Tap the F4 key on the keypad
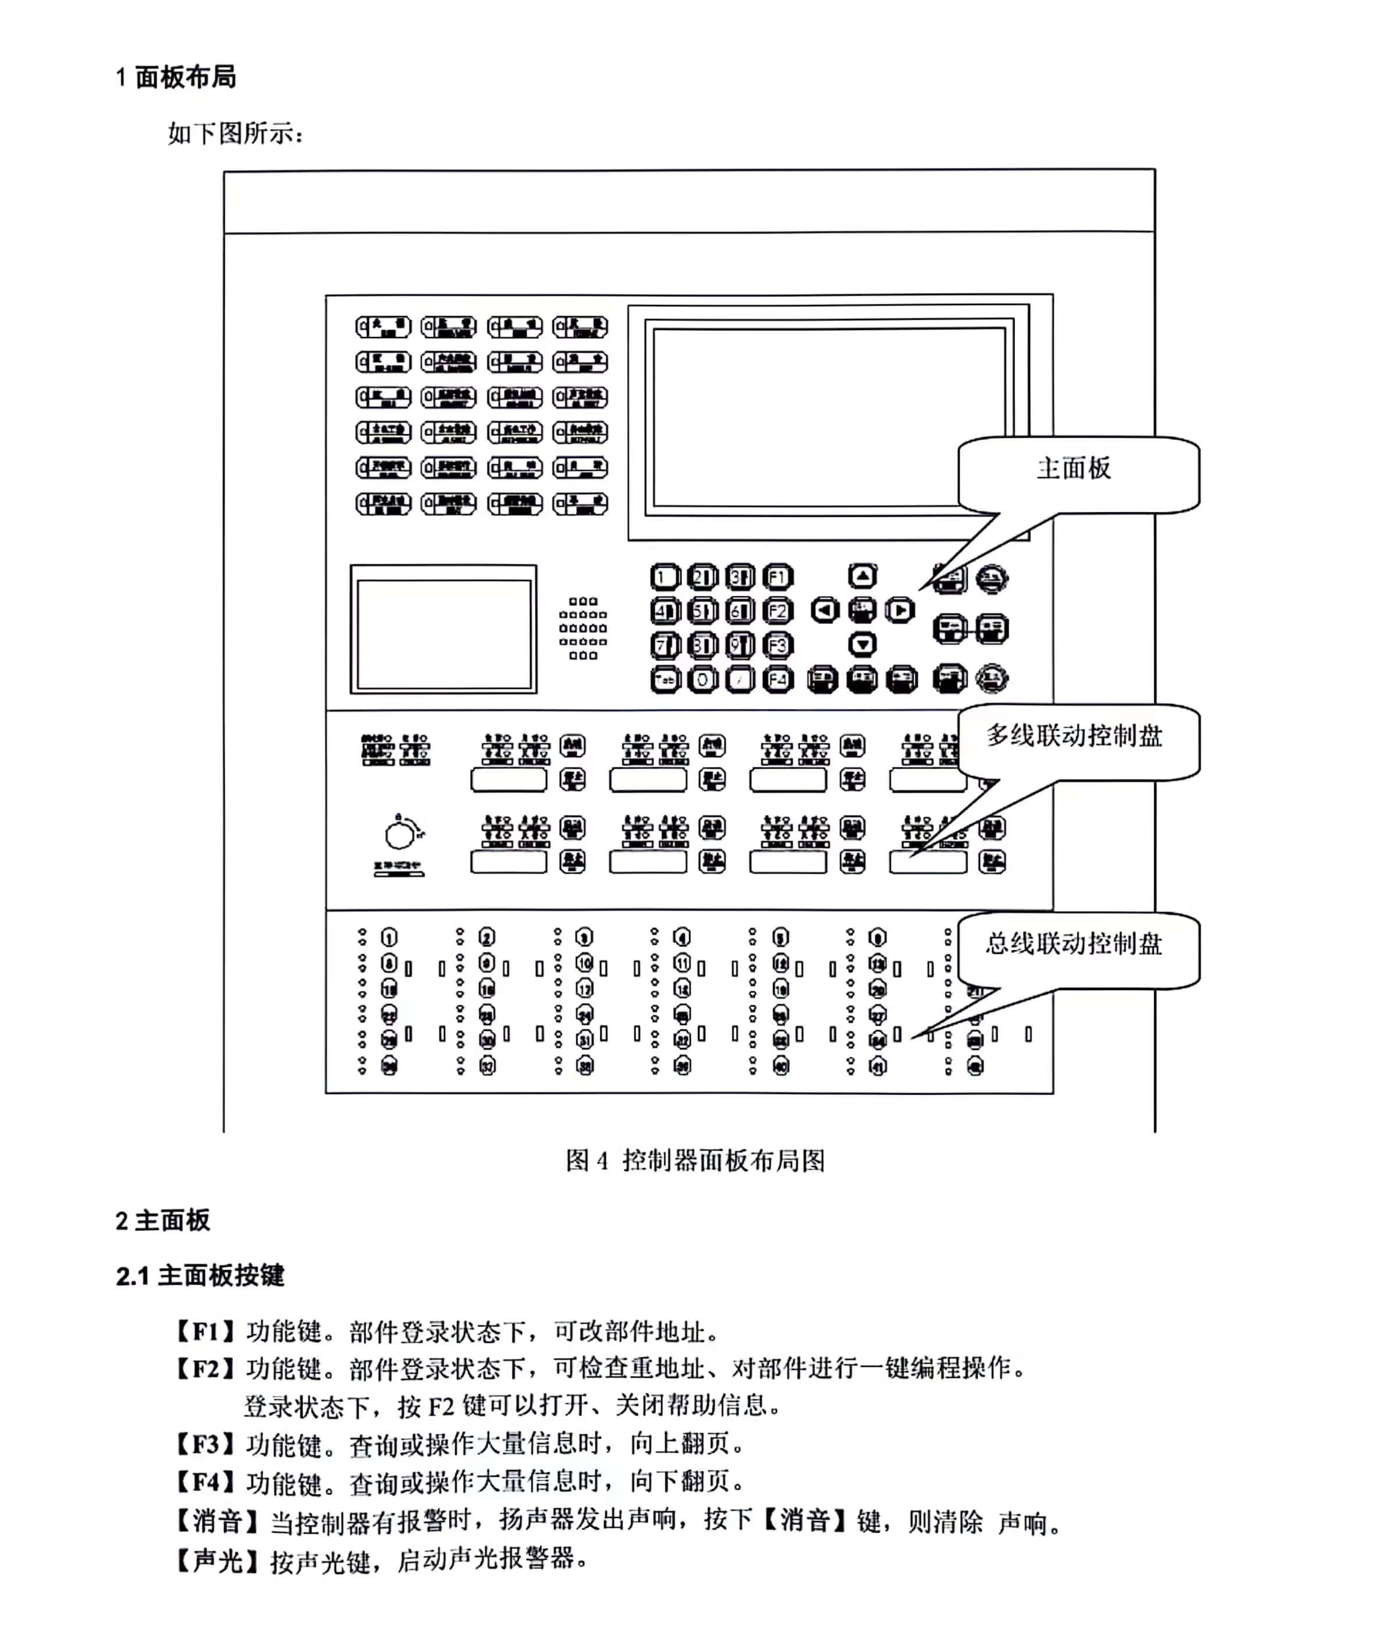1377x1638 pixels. tap(778, 679)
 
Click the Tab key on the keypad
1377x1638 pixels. tap(665, 680)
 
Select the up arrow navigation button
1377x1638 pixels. tap(862, 577)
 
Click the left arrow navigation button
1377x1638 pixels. tap(824, 610)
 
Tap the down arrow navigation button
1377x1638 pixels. tap(862, 644)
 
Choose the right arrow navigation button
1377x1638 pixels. tap(899, 610)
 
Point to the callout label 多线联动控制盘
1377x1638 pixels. tap(1074, 735)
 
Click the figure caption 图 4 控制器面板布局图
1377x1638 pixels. tap(695, 1161)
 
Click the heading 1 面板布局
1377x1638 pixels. tap(176, 77)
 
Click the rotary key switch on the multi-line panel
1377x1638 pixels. tap(400, 834)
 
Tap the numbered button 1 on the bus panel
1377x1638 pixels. tap(389, 937)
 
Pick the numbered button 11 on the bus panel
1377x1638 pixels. tap(682, 963)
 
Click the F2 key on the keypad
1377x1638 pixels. tap(778, 611)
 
